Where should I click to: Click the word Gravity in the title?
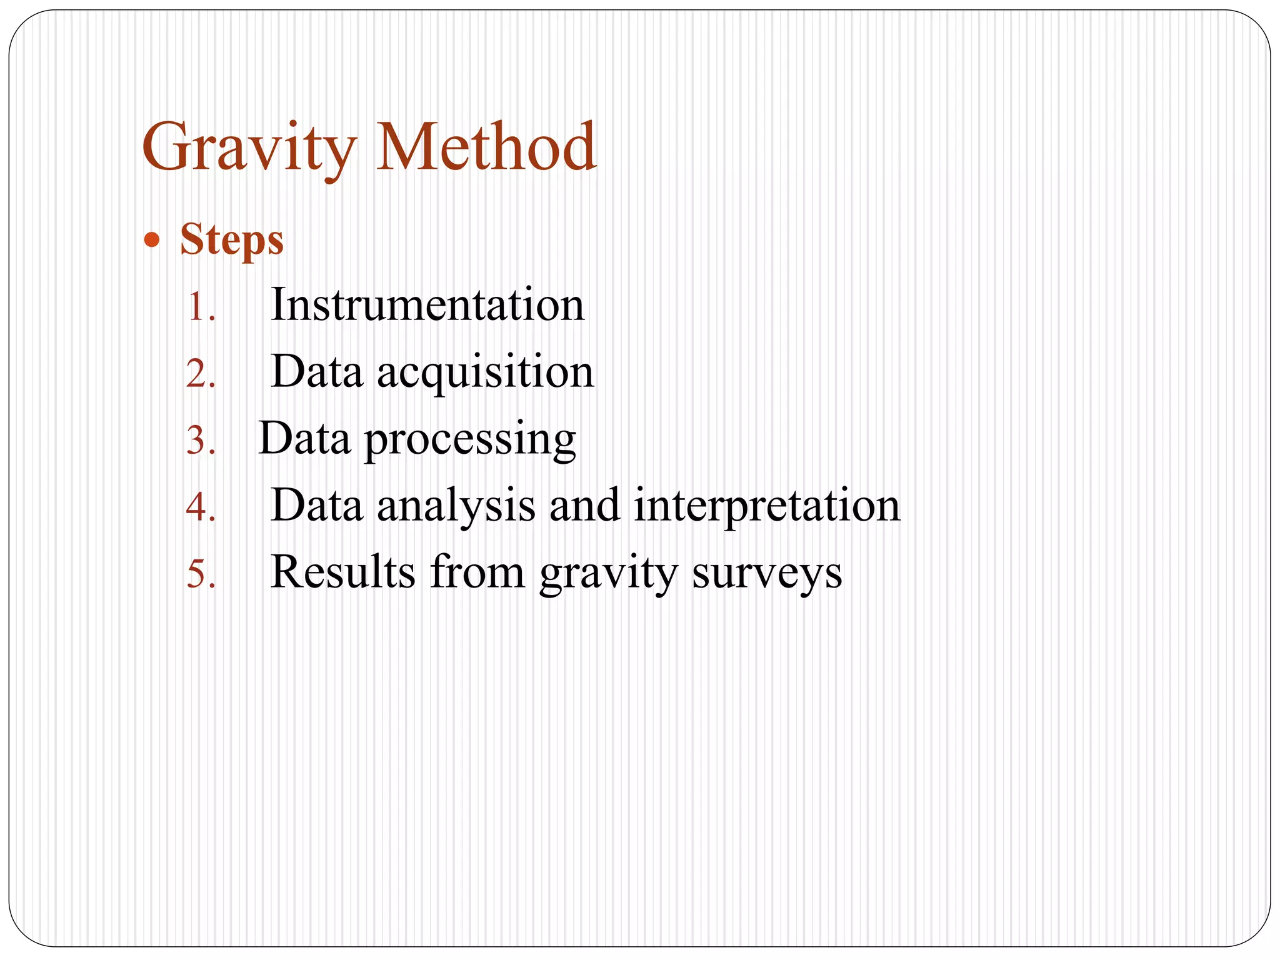click(x=249, y=149)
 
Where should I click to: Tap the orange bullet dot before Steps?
click(x=151, y=240)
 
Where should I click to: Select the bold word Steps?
click(x=232, y=240)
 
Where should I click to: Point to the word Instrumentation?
click(x=427, y=305)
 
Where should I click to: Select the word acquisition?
click(x=486, y=373)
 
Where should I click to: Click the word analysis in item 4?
click(x=456, y=506)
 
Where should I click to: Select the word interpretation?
click(x=767, y=506)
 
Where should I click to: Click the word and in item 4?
click(x=584, y=506)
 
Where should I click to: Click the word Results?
click(x=342, y=572)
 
